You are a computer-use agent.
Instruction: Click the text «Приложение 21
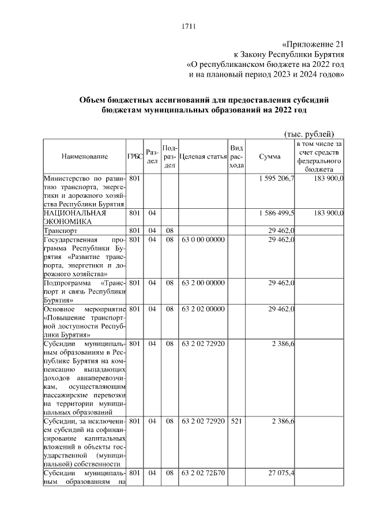pos(314,44)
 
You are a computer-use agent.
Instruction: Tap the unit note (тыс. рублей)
pos(310,133)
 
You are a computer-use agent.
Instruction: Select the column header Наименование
pos(84,156)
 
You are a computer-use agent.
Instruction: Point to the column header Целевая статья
pos(203,156)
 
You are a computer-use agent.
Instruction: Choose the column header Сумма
pos(270,156)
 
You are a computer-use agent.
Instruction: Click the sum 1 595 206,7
pos(275,179)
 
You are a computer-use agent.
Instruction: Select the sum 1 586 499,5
pos(275,213)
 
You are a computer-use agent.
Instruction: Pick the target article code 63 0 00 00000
pos(203,239)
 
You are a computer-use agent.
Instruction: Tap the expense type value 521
pos(235,422)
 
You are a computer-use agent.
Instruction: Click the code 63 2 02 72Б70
pos(203,473)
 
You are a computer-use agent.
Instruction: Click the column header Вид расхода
pos(236,156)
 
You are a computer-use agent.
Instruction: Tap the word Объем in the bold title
pos(93,100)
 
